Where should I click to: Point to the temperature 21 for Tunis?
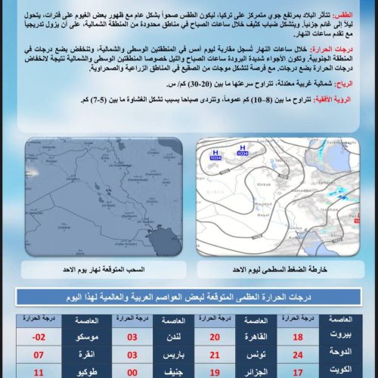[213, 355]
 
